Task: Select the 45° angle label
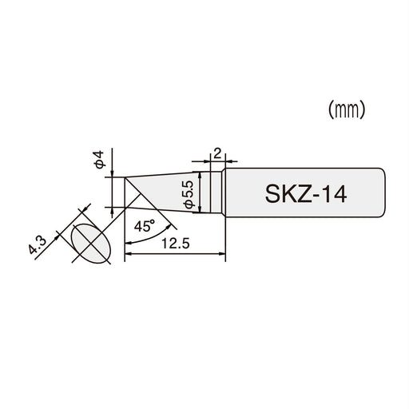[x=145, y=226]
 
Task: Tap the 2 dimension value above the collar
[x=216, y=151]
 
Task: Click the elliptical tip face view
[x=89, y=243]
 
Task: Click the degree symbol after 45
[x=153, y=222]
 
